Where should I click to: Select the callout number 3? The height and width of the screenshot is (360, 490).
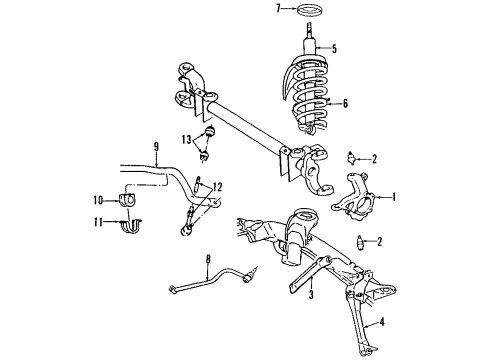pos(312,296)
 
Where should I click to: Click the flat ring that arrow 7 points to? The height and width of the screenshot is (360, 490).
pos(308,11)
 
